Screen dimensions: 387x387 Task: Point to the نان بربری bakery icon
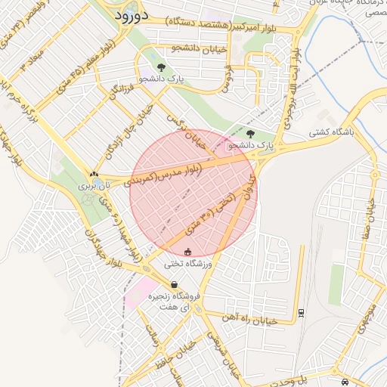coord(94,173)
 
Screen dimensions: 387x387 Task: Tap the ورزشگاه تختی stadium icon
coord(188,252)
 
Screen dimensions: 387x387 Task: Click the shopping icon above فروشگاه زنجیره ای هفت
coord(175,285)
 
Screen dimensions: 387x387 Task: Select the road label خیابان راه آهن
coord(249,318)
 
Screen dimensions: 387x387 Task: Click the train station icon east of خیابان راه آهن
coord(302,311)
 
